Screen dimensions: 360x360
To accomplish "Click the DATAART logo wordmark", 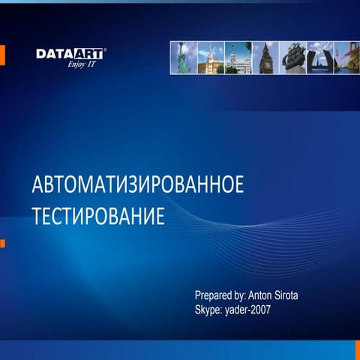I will click(70, 53).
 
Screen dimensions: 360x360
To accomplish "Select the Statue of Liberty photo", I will click(184, 57).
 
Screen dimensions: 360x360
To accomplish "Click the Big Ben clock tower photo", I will click(265, 57).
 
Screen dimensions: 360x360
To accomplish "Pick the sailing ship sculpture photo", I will click(292, 57).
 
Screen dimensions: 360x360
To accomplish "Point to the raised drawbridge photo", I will click(320, 57).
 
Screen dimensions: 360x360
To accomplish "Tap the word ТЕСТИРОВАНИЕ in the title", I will click(97, 217).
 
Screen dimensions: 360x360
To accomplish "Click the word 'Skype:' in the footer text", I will click(208, 309).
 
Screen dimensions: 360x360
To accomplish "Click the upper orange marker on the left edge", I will click(2, 55).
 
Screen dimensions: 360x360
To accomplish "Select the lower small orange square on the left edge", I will click(2, 243).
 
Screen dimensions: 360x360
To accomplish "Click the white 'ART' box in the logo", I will click(88, 53).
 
